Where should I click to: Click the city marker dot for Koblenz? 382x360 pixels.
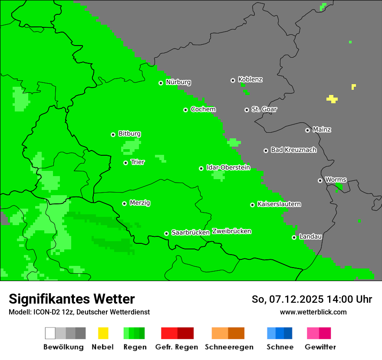(x=233, y=80)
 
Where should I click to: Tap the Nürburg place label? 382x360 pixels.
(x=178, y=82)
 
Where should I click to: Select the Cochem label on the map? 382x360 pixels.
(x=203, y=109)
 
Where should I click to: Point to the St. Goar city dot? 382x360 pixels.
(x=247, y=110)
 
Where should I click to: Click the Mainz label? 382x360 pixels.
(x=322, y=130)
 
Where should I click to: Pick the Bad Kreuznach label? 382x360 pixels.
(x=293, y=150)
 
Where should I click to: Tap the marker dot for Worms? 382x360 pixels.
(x=320, y=180)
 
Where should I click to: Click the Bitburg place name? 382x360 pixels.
(x=129, y=134)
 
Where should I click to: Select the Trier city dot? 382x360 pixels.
(x=125, y=163)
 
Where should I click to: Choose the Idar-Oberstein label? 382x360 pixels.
(x=228, y=167)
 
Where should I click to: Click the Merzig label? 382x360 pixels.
(x=140, y=203)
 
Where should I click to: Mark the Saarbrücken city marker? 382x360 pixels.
(x=166, y=233)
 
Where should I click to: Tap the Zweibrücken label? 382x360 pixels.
(x=231, y=231)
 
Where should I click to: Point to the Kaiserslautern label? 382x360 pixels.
(x=279, y=204)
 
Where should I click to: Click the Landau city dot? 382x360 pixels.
(x=294, y=237)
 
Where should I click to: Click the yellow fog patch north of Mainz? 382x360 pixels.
(x=332, y=99)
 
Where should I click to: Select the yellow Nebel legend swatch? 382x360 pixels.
(x=103, y=333)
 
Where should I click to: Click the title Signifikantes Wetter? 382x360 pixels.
(x=72, y=299)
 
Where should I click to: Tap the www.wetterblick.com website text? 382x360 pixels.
(x=313, y=312)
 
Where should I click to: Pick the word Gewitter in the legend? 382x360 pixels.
(x=320, y=347)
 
